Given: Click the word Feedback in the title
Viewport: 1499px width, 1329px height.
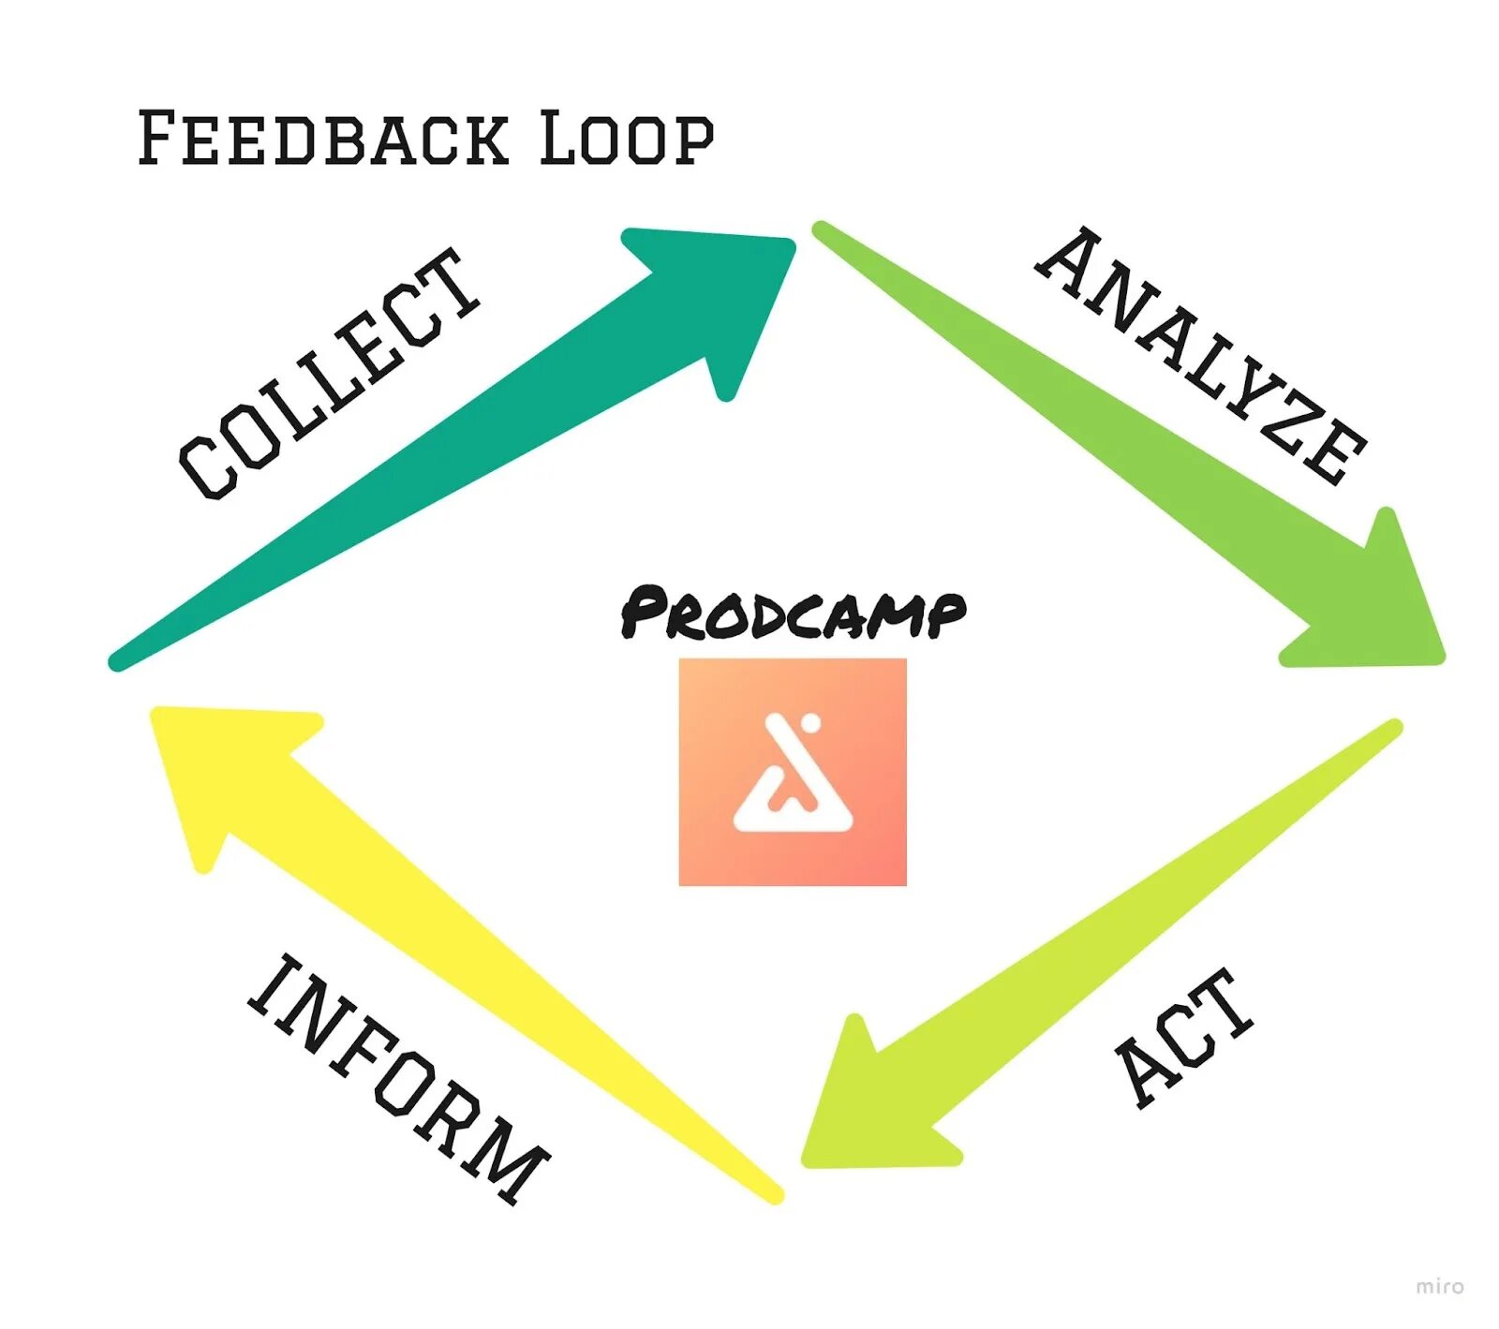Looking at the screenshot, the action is tap(323, 139).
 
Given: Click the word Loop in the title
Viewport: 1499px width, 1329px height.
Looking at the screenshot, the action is tap(626, 139).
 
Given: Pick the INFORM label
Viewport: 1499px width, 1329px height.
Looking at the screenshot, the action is tap(398, 1077).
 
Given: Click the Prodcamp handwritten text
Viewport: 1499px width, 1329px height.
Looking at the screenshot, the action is tap(793, 613).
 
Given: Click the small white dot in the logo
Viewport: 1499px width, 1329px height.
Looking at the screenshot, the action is tap(811, 723).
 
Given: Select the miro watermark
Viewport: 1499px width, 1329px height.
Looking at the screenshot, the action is tap(1439, 1286).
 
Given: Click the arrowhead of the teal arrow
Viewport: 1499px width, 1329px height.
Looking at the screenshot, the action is tap(740, 281).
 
